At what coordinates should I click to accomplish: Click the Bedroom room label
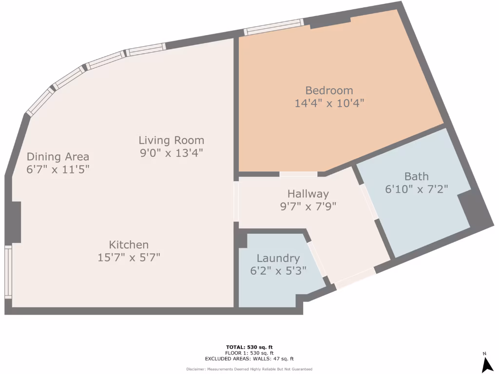(329, 91)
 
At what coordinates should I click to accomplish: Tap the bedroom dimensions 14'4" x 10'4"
(329, 103)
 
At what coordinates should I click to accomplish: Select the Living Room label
(171, 141)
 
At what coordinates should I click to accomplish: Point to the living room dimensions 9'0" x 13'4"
(171, 153)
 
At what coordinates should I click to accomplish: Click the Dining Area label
(58, 157)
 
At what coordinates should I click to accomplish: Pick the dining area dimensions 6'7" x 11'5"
(58, 169)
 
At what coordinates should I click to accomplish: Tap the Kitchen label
(129, 245)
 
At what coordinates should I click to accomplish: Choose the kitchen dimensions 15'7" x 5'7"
(129, 257)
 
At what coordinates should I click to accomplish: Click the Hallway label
(308, 194)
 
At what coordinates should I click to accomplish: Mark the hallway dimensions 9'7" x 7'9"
(308, 206)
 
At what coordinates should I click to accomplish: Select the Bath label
(417, 176)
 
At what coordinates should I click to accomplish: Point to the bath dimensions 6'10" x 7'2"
(417, 188)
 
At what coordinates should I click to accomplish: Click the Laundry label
(278, 259)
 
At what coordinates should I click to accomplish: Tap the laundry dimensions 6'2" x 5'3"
(278, 271)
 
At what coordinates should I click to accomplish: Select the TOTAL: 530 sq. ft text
(249, 347)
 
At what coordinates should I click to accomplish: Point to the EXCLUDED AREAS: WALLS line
(249, 359)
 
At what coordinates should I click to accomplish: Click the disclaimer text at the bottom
(249, 369)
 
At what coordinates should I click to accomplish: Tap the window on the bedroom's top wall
(273, 27)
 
